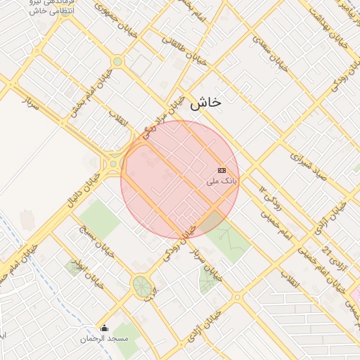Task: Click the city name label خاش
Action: pyautogui.click(x=205, y=103)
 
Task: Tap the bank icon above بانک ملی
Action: pyautogui.click(x=222, y=170)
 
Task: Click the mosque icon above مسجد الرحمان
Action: pyautogui.click(x=105, y=328)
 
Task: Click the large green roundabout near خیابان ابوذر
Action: pyautogui.click(x=142, y=287)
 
